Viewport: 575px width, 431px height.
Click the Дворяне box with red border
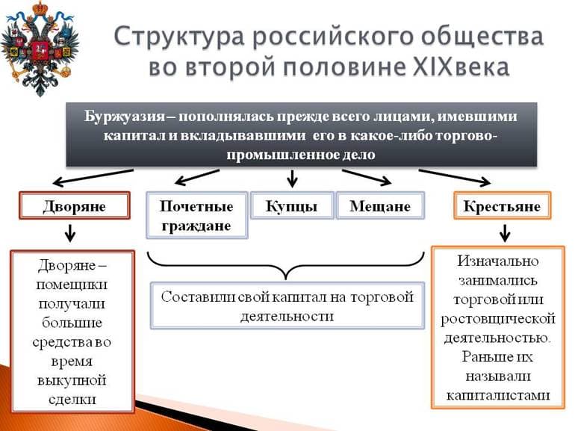pos(75,206)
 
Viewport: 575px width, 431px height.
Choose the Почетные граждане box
pos(196,215)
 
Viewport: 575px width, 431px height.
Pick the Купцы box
pos(291,206)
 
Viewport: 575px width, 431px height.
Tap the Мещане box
pos(380,206)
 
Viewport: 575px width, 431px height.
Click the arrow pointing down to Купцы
pos(292,177)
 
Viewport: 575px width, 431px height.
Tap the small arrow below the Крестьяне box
pos(504,234)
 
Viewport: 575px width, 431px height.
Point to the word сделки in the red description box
pos(73,400)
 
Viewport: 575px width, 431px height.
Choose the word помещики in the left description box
pos(72,285)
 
